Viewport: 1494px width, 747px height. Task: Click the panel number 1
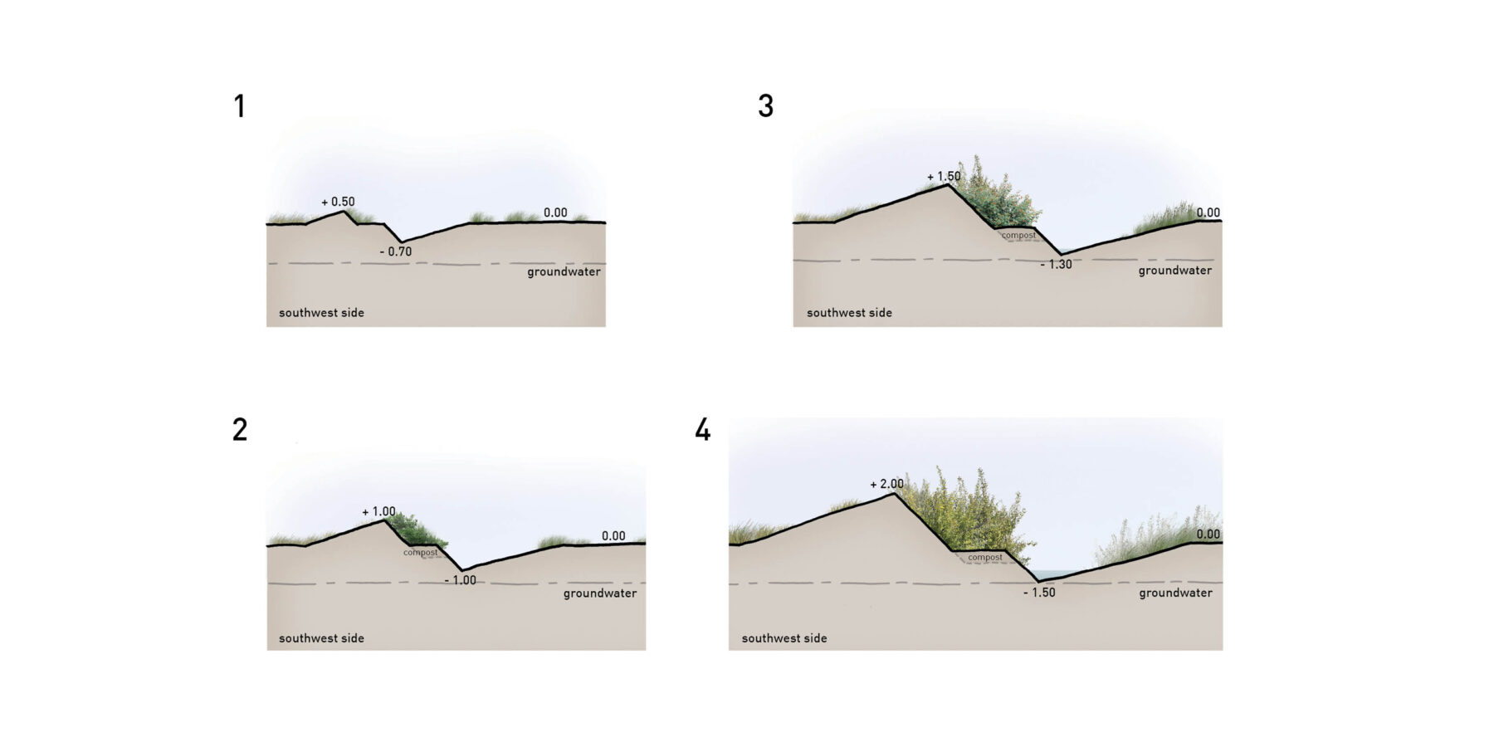pos(240,106)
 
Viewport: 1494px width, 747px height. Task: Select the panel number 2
pos(240,430)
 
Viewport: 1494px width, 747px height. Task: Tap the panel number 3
pos(765,106)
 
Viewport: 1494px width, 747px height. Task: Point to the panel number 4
pos(702,430)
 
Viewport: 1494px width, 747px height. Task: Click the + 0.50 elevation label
pos(338,202)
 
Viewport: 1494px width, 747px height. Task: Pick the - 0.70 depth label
pos(396,251)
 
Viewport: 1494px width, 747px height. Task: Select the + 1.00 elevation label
pos(378,511)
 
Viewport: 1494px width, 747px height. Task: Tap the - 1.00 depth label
pos(461,580)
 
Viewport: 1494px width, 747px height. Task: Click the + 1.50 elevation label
pos(944,176)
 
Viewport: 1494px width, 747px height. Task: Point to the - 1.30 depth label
pos(1056,264)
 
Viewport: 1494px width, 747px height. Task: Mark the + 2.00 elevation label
pos(886,484)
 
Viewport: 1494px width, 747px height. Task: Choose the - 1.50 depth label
pos(1039,593)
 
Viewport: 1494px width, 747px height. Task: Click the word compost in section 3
pos(1018,235)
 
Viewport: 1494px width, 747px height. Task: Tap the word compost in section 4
pos(985,557)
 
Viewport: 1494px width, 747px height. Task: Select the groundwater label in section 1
pos(564,271)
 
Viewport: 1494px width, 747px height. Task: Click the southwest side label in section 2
pos(321,638)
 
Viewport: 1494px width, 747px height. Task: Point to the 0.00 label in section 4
pos(1208,534)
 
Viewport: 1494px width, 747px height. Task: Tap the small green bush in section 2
pos(415,530)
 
